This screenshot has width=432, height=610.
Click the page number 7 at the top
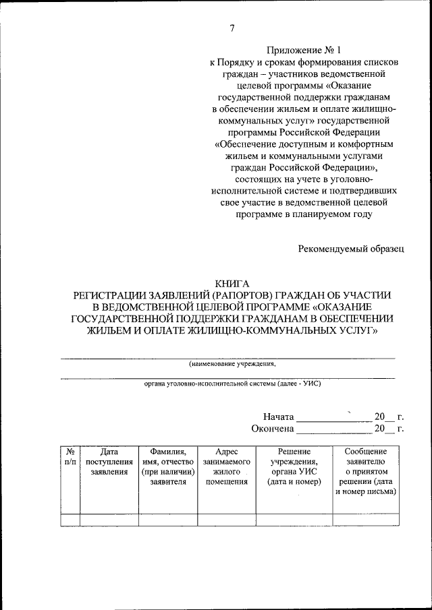pyautogui.click(x=232, y=28)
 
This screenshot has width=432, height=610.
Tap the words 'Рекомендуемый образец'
pyautogui.click(x=351, y=249)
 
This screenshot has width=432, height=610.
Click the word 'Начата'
pyautogui.click(x=278, y=417)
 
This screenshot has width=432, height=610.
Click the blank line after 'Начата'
pyautogui.click(x=333, y=419)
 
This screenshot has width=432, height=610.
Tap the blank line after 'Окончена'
pyautogui.click(x=333, y=430)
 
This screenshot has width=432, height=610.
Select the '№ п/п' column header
pyautogui.click(x=70, y=456)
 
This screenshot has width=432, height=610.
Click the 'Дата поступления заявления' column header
pyautogui.click(x=109, y=462)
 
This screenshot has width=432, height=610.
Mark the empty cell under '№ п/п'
pyautogui.click(x=70, y=520)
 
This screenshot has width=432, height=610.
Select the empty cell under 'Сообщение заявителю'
pyautogui.click(x=365, y=520)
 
